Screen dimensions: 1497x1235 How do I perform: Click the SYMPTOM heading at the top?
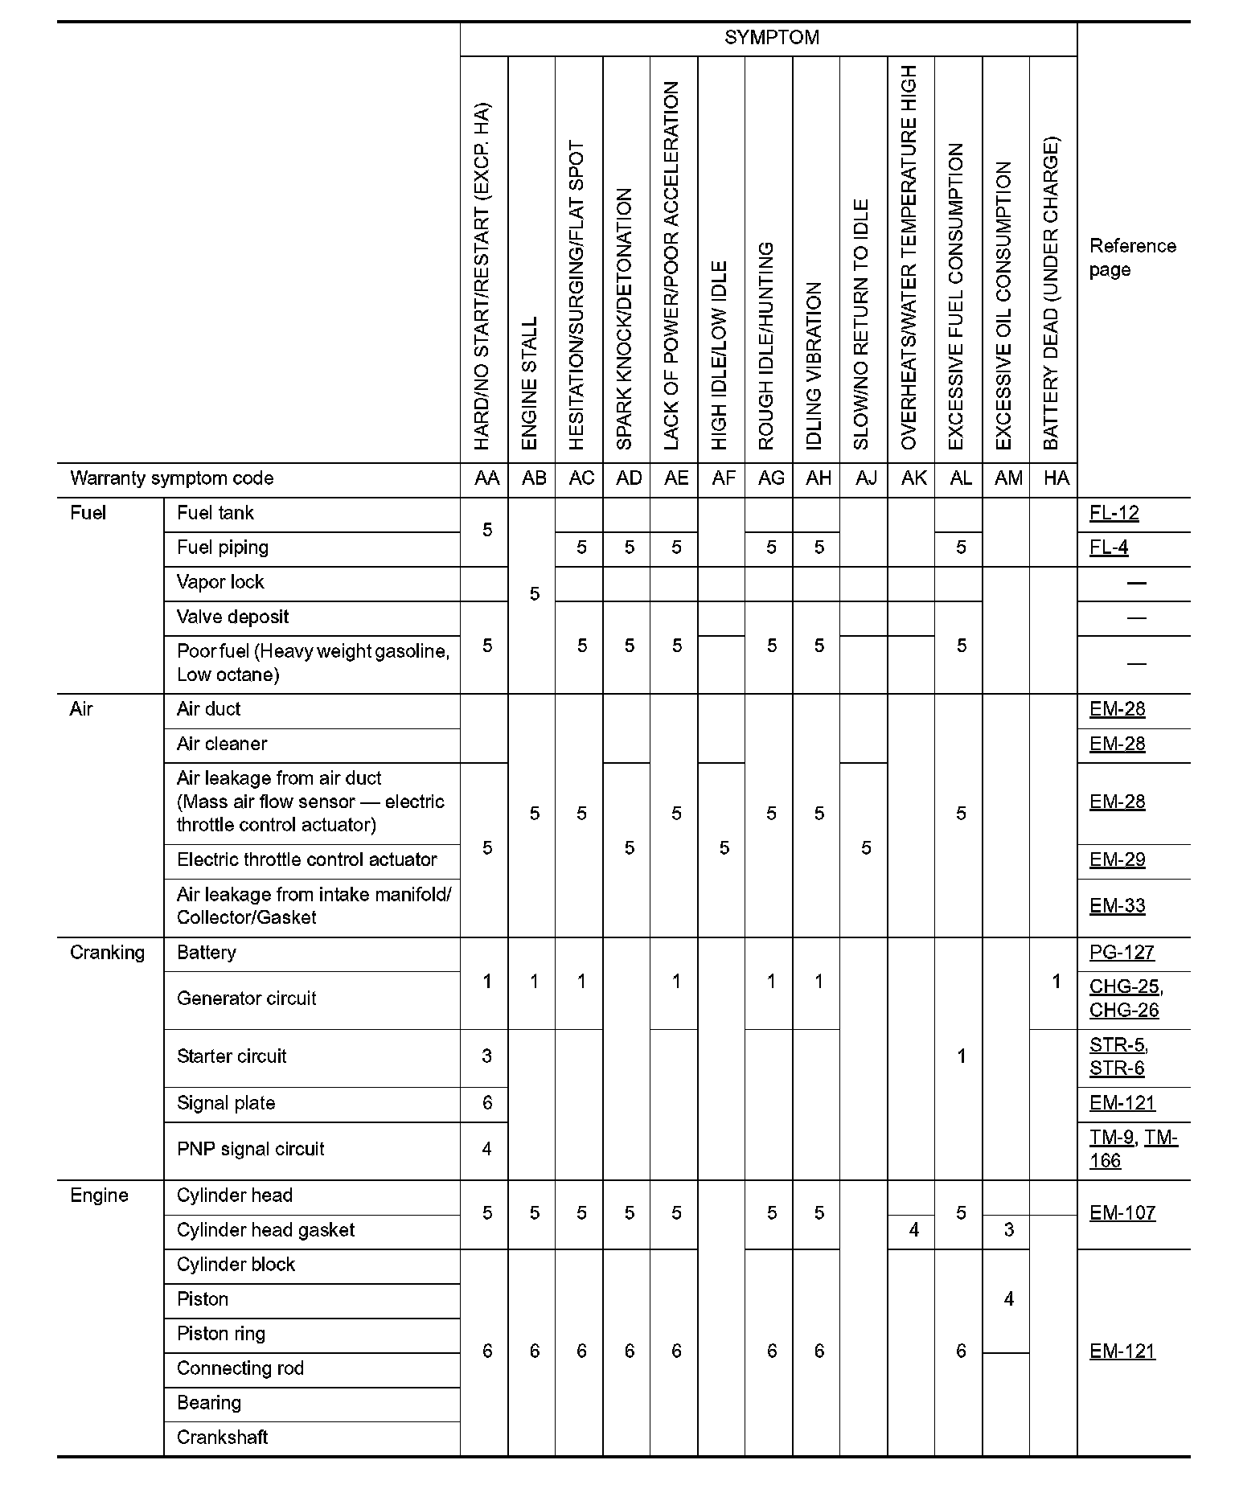[x=771, y=38]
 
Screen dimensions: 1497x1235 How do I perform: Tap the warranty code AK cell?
[x=913, y=479]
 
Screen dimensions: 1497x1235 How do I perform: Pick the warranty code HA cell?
[x=1056, y=479]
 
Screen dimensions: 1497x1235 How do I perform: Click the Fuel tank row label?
[x=215, y=514]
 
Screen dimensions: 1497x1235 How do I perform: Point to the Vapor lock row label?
[x=220, y=583]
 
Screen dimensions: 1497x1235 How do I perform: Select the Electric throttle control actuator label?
[x=306, y=860]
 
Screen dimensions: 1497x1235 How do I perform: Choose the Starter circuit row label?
[x=232, y=1057]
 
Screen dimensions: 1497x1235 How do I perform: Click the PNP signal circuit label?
[x=250, y=1150]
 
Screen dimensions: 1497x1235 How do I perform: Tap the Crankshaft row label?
[x=222, y=1438]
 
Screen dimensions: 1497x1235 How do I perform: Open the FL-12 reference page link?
[x=1114, y=514]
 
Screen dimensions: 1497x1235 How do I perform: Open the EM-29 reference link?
[x=1117, y=860]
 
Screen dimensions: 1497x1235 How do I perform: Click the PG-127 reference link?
[x=1122, y=954]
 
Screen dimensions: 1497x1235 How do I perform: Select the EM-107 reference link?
[x=1122, y=1213]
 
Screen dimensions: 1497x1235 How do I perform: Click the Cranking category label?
[x=107, y=954]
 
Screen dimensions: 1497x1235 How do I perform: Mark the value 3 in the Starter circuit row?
[x=486, y=1057]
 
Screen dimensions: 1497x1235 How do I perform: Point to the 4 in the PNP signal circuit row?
[x=486, y=1150]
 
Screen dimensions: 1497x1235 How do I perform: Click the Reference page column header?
[x=1132, y=258]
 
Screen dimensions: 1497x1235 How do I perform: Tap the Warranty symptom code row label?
[x=172, y=479]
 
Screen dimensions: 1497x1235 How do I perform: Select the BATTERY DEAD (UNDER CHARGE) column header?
[x=1051, y=293]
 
